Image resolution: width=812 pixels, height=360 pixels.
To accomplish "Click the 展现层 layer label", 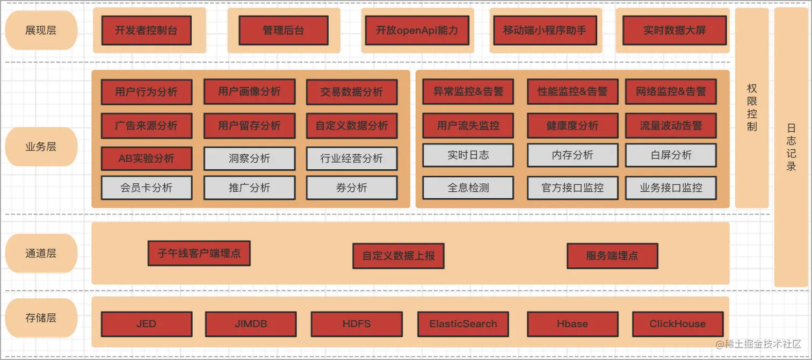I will [41, 30].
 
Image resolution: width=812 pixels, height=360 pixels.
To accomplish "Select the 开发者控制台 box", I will [146, 30].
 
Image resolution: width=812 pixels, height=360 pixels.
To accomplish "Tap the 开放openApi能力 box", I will [417, 30].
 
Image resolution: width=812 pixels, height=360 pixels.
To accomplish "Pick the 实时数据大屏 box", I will [674, 30].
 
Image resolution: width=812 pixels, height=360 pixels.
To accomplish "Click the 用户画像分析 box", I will [249, 92].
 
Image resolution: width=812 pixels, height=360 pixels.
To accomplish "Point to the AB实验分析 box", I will [146, 159].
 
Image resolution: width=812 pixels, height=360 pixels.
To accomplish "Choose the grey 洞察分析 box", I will [249, 159].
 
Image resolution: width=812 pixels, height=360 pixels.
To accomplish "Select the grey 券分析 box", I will [352, 188].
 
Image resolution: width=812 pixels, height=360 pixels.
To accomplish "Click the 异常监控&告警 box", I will [468, 92].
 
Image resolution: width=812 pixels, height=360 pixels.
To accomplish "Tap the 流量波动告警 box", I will [671, 126].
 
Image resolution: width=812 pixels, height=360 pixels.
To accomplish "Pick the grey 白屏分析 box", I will [671, 155].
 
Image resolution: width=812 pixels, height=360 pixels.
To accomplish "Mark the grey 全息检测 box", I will [468, 188].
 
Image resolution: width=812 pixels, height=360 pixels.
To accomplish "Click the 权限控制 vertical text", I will [752, 107].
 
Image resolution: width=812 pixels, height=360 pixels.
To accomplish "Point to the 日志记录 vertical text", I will [792, 147].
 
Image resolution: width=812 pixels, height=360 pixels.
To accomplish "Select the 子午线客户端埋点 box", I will [199, 253].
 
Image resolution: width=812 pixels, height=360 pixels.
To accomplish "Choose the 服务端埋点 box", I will [612, 256].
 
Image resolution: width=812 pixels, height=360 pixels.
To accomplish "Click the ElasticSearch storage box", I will [463, 324].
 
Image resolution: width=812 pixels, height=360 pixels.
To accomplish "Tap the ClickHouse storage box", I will [677, 324].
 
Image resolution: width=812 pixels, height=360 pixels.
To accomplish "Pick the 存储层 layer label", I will [41, 318].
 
